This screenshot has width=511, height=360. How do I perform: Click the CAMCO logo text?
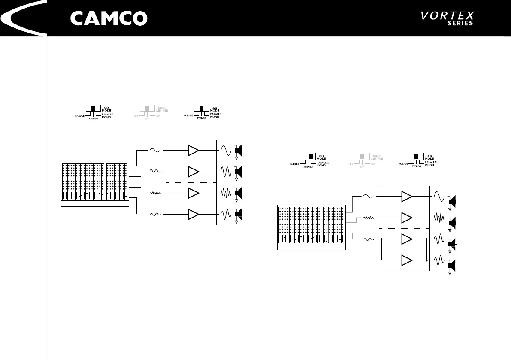109,18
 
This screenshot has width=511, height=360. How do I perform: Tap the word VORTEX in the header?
447,16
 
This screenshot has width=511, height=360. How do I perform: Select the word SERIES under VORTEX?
460,24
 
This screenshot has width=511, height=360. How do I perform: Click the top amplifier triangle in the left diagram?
194,151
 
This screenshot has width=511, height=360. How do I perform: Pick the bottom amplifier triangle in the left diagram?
194,214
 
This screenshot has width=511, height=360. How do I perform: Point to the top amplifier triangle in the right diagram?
406,197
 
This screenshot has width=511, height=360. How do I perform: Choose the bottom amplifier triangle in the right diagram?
406,260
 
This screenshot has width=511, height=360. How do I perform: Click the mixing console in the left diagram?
95,184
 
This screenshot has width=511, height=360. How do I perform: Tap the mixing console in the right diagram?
311,227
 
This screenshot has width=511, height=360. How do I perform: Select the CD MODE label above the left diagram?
107,109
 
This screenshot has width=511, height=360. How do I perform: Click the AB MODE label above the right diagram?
429,157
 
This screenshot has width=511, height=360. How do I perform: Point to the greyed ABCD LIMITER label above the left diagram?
161,109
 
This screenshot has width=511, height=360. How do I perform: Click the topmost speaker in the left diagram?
239,151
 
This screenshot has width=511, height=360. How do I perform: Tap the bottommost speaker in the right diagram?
451,266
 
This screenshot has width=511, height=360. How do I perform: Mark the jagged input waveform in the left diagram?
154,193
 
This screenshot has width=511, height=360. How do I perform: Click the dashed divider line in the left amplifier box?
191,182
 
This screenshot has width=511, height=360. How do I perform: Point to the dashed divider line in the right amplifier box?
404,228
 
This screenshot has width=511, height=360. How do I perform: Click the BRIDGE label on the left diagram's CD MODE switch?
79,116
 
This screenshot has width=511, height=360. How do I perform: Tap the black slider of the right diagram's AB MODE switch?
415,157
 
